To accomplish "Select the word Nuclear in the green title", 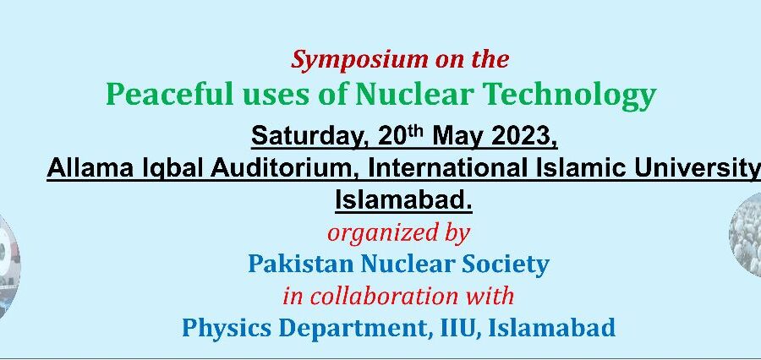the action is click(414, 94).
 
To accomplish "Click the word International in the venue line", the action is click(447, 168).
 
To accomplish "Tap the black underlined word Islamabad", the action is click(403, 200).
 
